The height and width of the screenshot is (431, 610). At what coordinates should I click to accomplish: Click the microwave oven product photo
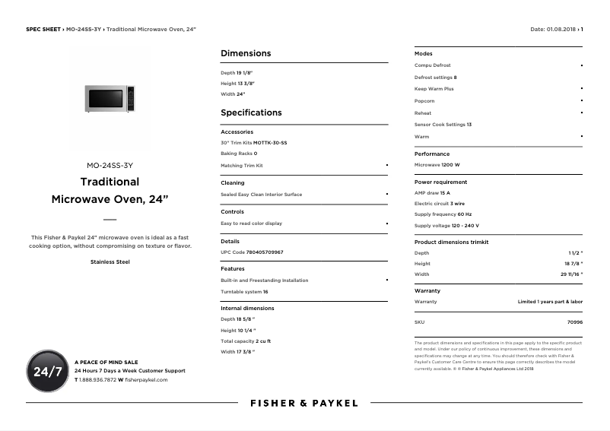click(x=110, y=99)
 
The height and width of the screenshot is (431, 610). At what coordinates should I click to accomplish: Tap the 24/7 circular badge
click(x=47, y=371)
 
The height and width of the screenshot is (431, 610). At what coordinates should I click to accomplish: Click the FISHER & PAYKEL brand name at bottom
click(x=303, y=403)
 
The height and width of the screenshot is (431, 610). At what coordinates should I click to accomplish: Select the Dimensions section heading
click(x=246, y=53)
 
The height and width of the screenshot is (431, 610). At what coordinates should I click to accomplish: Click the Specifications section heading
click(x=251, y=113)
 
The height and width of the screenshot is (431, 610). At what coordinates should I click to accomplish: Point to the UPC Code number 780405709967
click(x=265, y=252)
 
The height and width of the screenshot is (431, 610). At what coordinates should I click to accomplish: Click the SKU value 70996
click(x=575, y=322)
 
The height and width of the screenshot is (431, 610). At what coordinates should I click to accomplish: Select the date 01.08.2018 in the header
click(x=562, y=29)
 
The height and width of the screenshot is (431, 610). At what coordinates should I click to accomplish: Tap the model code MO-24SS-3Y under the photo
click(x=110, y=165)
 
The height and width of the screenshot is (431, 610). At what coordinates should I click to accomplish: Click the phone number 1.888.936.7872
click(x=97, y=379)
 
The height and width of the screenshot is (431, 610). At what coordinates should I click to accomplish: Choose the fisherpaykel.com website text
click(x=146, y=379)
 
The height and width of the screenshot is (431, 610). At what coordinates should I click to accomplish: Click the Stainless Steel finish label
click(x=110, y=262)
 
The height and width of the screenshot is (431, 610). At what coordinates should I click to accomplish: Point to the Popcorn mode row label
click(x=424, y=101)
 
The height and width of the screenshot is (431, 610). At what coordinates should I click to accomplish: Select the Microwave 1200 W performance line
click(x=437, y=165)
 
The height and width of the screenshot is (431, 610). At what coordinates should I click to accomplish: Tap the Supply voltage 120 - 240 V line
click(x=446, y=226)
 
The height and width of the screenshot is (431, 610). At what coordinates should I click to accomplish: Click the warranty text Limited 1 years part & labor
click(x=550, y=302)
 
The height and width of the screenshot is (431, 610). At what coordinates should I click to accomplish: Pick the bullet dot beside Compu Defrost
click(x=582, y=65)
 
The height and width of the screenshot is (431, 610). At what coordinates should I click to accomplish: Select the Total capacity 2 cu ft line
click(x=246, y=341)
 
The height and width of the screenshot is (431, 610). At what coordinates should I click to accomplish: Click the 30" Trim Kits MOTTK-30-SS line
click(x=254, y=143)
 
